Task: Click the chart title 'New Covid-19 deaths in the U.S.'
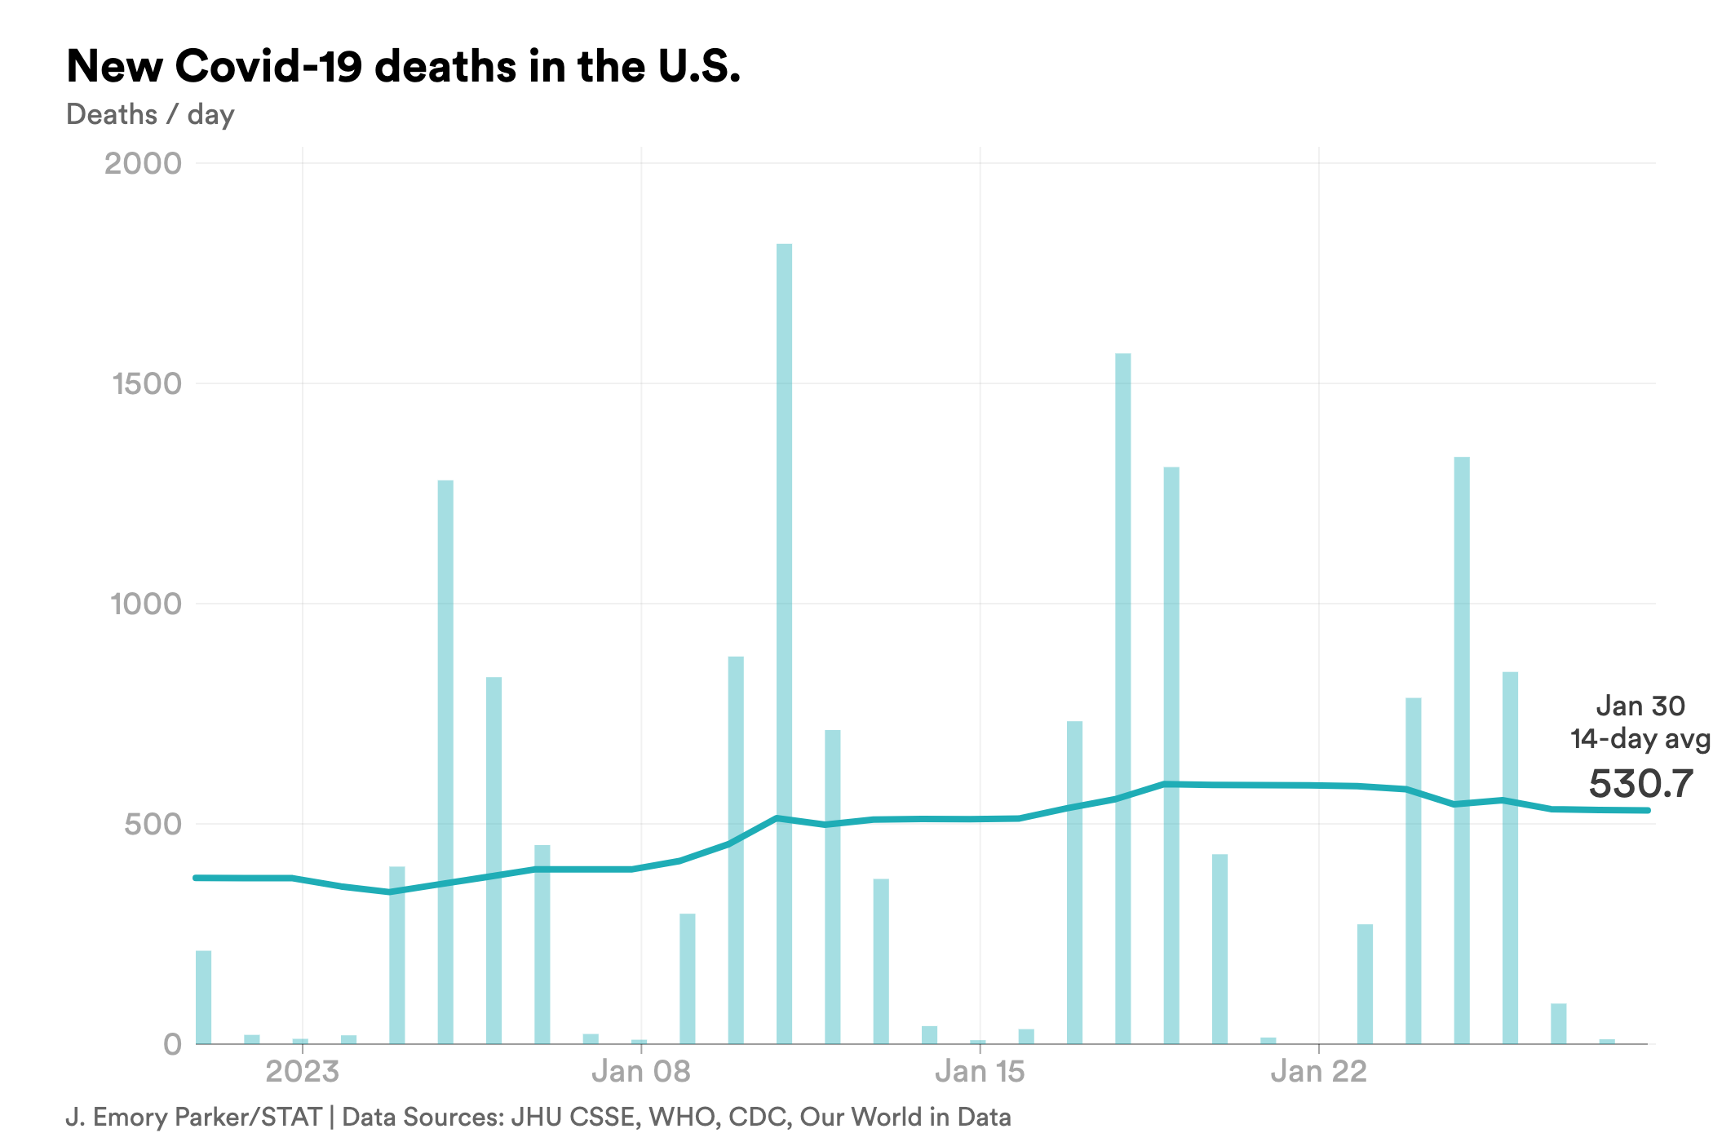click(x=403, y=66)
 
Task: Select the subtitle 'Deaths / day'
click(x=150, y=114)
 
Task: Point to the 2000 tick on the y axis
click(x=143, y=163)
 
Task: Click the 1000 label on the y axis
click(x=145, y=604)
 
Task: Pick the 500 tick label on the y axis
click(x=153, y=824)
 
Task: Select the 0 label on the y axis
click(x=172, y=1044)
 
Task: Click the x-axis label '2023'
click(x=302, y=1071)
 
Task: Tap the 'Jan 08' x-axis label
click(x=640, y=1071)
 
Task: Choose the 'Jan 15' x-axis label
click(x=979, y=1071)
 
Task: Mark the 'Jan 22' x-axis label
click(x=1318, y=1071)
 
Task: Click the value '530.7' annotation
click(x=1640, y=784)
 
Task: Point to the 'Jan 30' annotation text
click(x=1640, y=706)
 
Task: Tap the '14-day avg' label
click(x=1640, y=739)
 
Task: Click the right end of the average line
click(x=1648, y=810)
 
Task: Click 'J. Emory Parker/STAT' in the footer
click(x=193, y=1117)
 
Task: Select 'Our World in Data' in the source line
click(x=905, y=1117)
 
